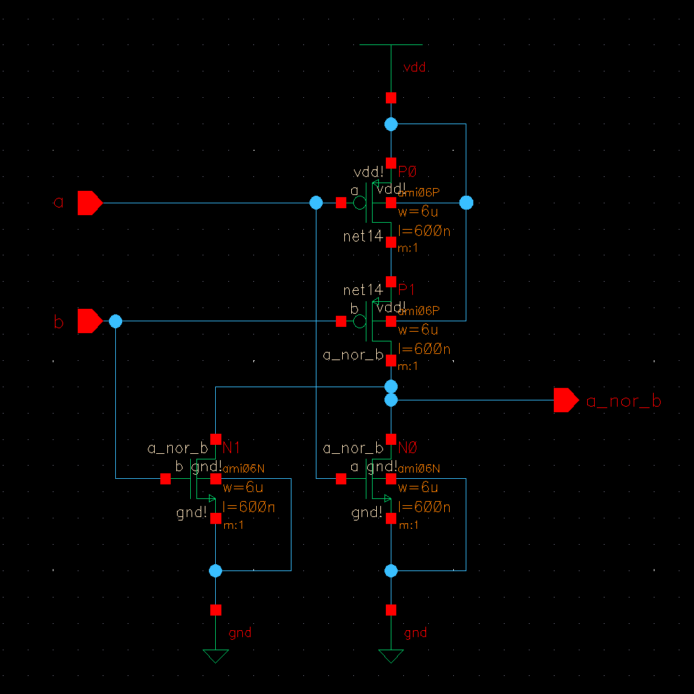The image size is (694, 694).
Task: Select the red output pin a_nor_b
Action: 566,400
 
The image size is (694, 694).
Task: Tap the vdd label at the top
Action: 414,68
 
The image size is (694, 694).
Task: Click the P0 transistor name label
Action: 407,172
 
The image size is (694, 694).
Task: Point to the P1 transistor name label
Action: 407,289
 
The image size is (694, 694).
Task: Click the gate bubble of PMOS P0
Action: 359,203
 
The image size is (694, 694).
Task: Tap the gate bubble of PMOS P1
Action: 359,321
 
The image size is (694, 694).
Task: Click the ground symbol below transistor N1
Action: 215,655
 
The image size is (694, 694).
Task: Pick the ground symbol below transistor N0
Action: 391,655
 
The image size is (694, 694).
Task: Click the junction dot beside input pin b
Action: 115,321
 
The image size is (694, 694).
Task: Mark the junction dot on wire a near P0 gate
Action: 316,203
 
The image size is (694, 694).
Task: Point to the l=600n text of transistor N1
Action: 248,507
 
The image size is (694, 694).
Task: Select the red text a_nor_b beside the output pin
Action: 623,401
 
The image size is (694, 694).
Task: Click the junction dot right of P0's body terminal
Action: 466,203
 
